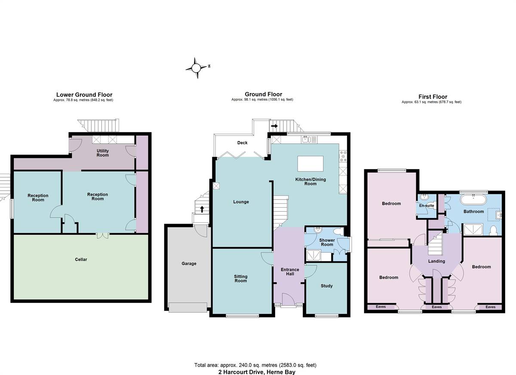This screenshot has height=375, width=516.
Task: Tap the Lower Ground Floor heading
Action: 84,95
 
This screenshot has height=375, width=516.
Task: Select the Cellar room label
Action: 81,259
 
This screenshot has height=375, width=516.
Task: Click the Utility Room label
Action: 103,153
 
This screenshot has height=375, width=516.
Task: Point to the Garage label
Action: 189,264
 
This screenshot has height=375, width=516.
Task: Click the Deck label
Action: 243,143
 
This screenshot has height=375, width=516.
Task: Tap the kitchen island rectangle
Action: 310,163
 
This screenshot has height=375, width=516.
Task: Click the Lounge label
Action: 241,202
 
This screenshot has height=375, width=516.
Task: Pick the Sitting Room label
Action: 241,279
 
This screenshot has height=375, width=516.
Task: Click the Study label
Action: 327,286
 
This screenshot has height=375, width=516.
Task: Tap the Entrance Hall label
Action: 290,272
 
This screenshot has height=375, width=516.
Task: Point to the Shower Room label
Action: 327,242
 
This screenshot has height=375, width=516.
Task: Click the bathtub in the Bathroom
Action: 473,200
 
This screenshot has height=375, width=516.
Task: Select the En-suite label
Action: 427,206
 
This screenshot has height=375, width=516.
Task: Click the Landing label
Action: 436,261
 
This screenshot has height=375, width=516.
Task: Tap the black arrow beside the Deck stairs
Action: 274,126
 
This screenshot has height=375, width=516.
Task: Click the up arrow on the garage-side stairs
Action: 202,209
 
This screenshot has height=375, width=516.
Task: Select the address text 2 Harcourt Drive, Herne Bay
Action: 257,372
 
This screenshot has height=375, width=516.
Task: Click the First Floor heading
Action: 433,97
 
